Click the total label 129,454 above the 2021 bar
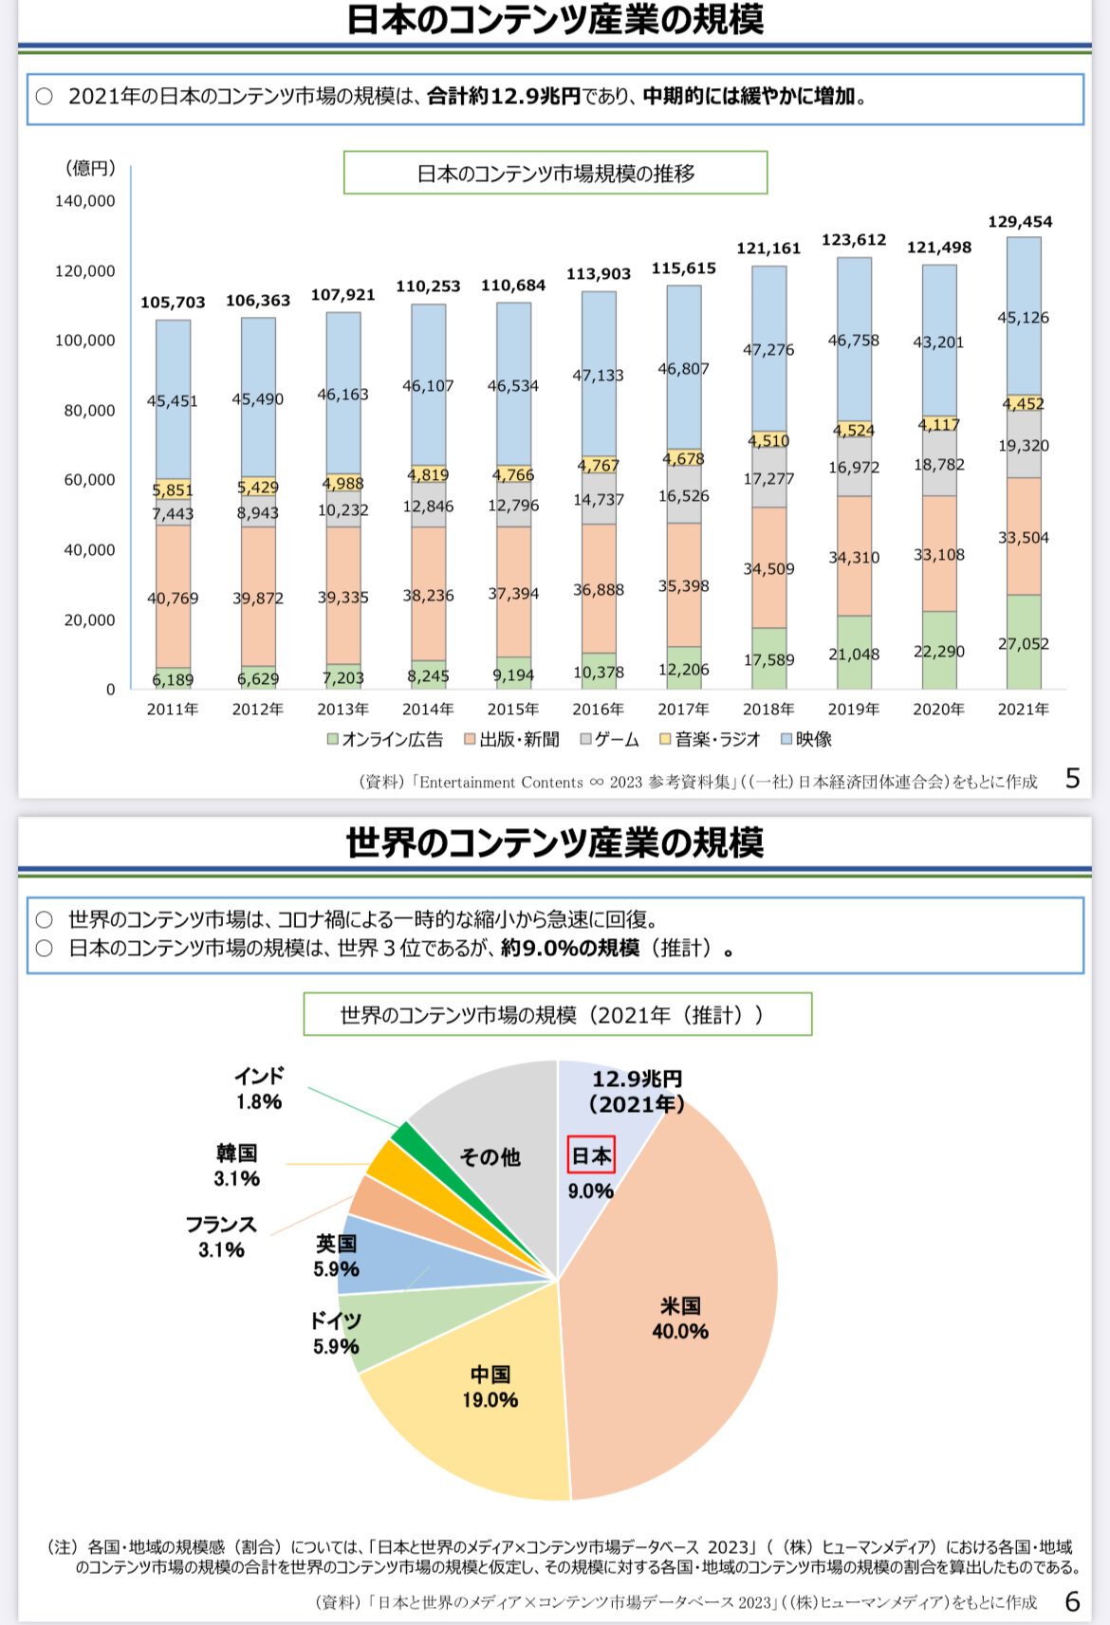click(x=1020, y=222)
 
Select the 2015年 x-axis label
click(x=513, y=710)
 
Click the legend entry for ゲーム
click(x=609, y=740)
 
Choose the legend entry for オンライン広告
click(x=385, y=740)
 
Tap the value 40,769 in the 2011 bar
click(x=173, y=599)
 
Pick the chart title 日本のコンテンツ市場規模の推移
click(x=555, y=174)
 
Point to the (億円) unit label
click(x=90, y=169)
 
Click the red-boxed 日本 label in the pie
click(x=591, y=1155)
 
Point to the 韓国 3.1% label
click(x=236, y=1166)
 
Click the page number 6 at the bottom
click(x=1073, y=1602)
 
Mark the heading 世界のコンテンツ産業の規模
click(x=555, y=842)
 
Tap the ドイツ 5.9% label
click(x=336, y=1333)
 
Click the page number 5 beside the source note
click(x=1073, y=779)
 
